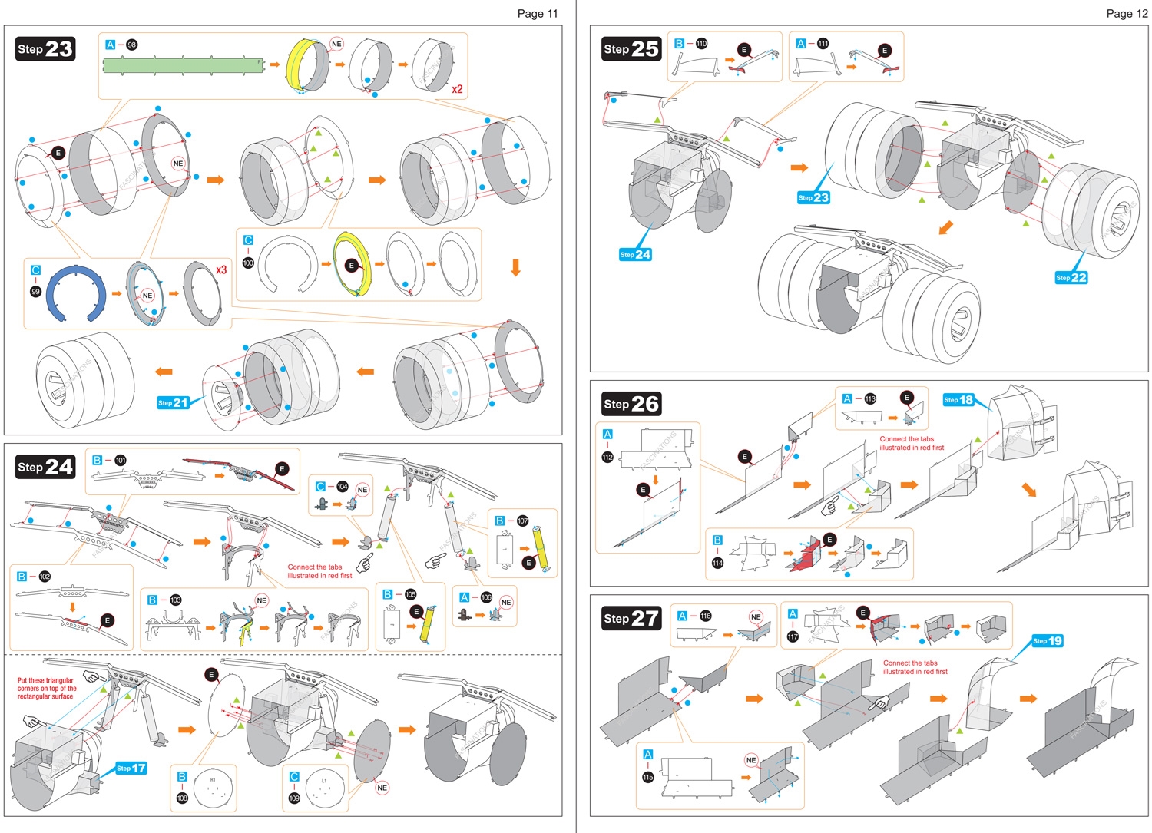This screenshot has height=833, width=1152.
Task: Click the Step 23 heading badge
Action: (x=45, y=49)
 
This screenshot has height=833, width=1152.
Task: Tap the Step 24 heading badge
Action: (x=45, y=467)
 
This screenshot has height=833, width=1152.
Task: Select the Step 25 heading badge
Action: (x=631, y=48)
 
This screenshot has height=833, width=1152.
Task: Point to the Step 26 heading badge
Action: (x=631, y=404)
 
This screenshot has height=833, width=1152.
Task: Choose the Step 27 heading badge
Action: (x=631, y=618)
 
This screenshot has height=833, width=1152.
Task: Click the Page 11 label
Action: (x=538, y=13)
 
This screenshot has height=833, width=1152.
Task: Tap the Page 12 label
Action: (x=1127, y=13)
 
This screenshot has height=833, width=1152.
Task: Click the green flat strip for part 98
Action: (x=184, y=64)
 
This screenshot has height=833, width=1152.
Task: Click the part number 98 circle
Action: (x=132, y=45)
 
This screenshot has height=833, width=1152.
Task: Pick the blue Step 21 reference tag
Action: (x=173, y=402)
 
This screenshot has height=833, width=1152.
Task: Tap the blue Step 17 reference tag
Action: (x=131, y=768)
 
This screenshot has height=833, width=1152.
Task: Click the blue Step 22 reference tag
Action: (x=1071, y=277)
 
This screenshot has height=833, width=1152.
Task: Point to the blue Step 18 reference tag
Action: (x=958, y=399)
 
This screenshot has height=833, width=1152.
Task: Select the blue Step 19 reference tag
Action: (x=1048, y=640)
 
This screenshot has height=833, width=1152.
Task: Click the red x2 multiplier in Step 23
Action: (x=457, y=89)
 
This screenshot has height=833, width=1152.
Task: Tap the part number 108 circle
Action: (x=182, y=798)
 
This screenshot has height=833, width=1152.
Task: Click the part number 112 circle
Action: (x=607, y=457)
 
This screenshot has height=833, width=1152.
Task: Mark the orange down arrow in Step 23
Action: (x=515, y=267)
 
